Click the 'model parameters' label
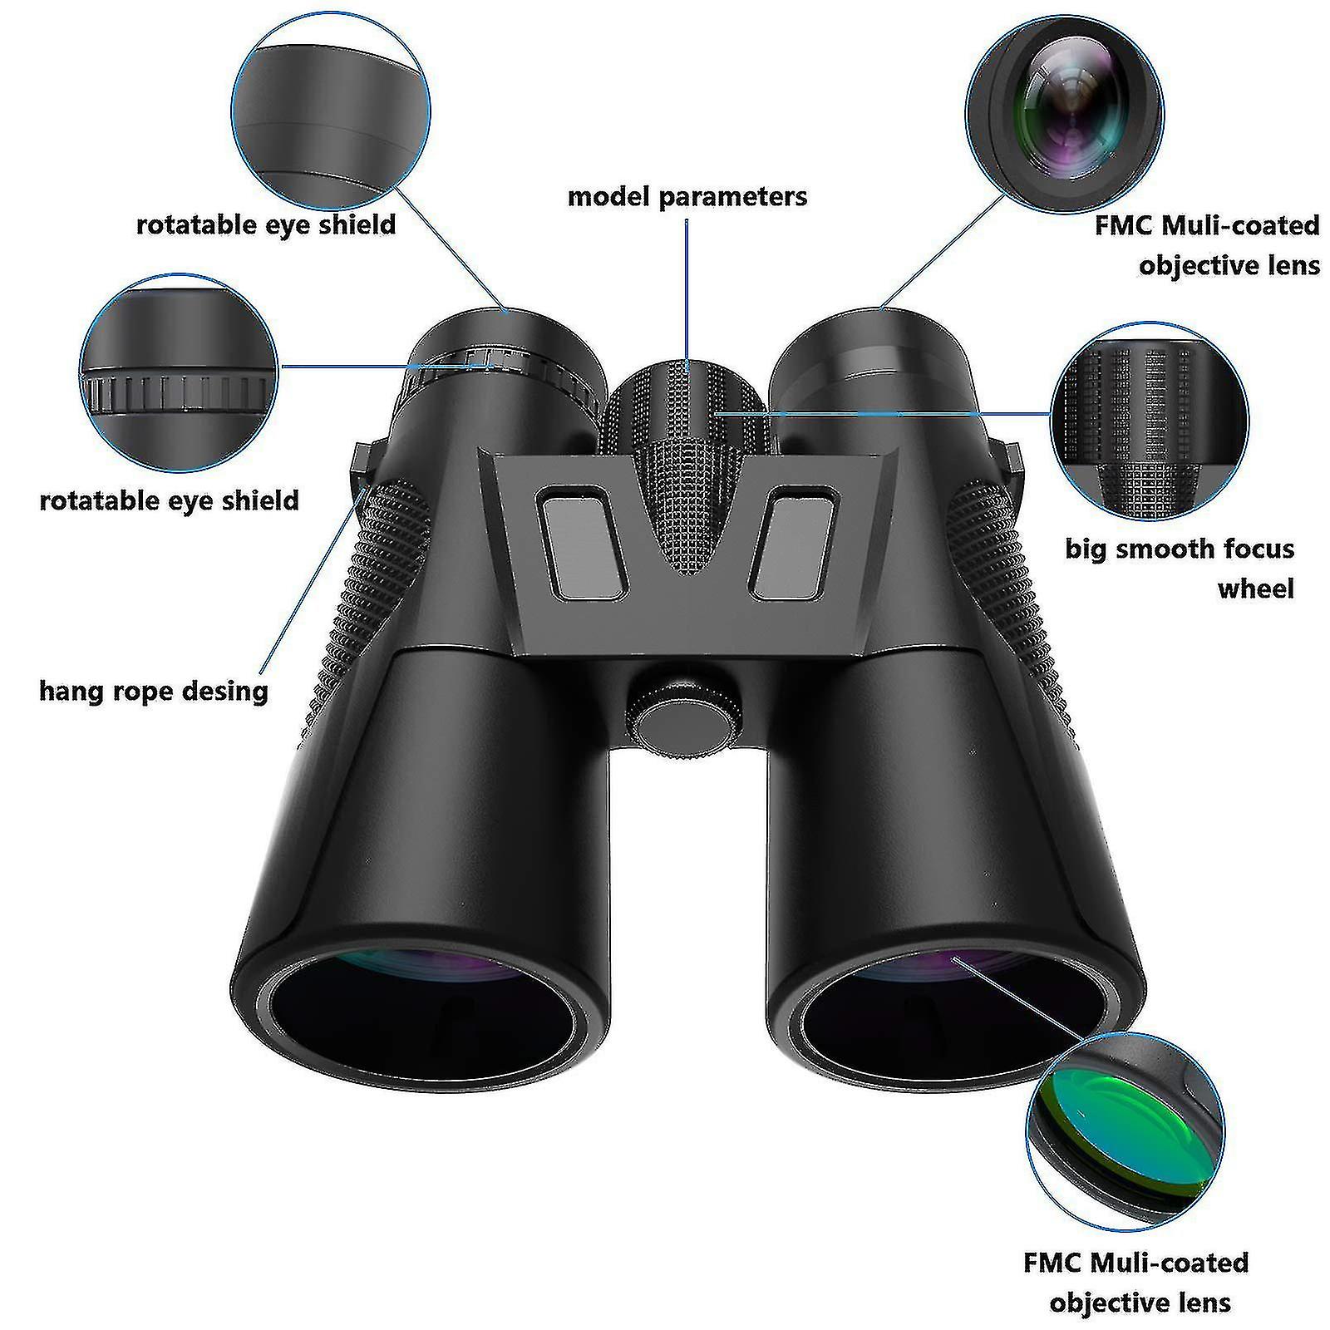[x=687, y=197]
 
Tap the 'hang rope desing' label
[x=154, y=691]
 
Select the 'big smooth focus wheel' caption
[x=1180, y=569]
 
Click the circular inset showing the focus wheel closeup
[x=1150, y=421]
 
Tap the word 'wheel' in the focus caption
[x=1255, y=589]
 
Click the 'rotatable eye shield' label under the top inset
[x=266, y=225]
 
